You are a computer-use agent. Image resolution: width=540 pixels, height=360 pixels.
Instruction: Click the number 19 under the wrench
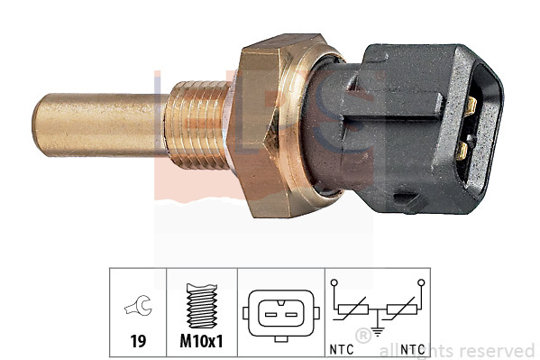click(138, 342)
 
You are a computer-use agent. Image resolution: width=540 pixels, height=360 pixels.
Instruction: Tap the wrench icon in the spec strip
click(138, 309)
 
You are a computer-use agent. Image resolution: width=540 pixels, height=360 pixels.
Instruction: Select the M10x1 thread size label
click(202, 342)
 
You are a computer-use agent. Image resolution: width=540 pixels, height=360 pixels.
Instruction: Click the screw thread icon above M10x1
click(202, 304)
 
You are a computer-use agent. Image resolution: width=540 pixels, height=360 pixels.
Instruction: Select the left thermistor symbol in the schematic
click(349, 312)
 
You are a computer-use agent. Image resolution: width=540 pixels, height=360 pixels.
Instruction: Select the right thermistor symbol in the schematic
click(402, 312)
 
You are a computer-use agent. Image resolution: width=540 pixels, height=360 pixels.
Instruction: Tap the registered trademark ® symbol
click(364, 336)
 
